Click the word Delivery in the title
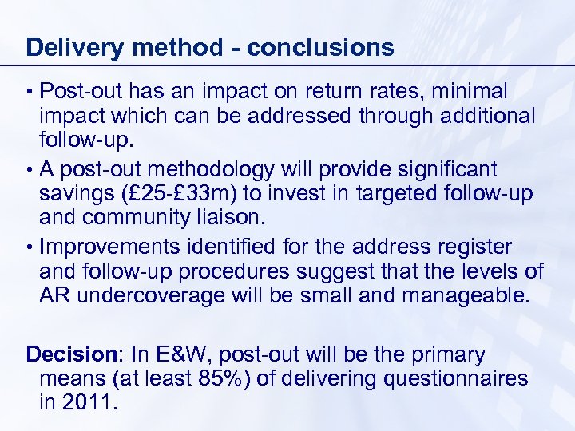tap(73, 48)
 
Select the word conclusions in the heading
tap(320, 48)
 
